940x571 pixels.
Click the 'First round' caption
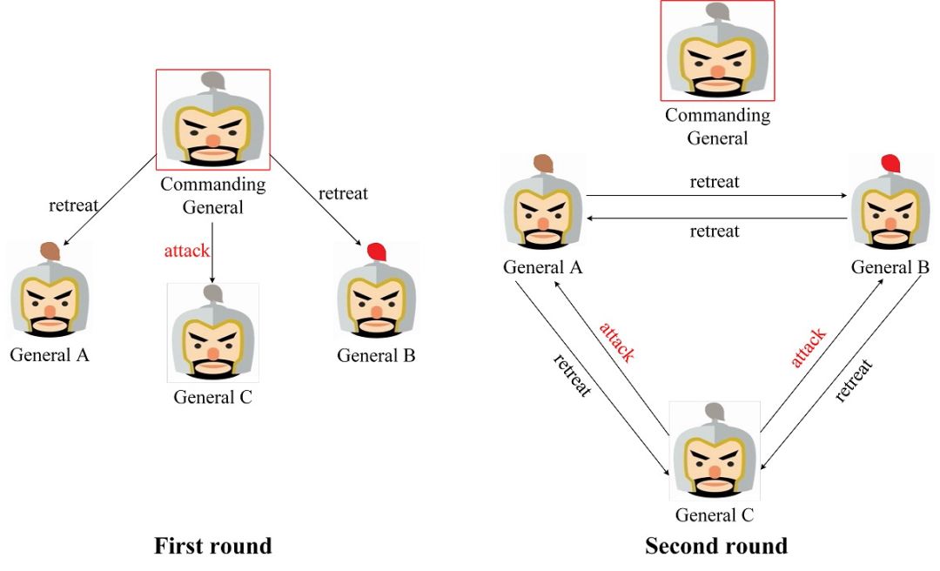[x=213, y=547]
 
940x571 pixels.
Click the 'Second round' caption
[x=715, y=547]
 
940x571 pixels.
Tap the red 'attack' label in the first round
[x=187, y=252]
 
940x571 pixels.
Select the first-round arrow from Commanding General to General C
[x=212, y=252]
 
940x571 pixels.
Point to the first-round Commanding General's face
[x=212, y=135]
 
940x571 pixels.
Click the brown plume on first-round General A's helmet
[x=50, y=251]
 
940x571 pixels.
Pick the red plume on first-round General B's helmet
[x=376, y=252]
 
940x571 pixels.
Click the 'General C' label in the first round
[x=213, y=398]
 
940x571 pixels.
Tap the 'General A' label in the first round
[x=50, y=355]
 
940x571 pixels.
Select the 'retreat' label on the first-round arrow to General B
[x=343, y=193]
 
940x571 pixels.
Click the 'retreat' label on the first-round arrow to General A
[x=73, y=205]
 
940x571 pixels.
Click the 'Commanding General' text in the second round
[x=717, y=126]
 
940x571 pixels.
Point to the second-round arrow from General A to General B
[x=715, y=196]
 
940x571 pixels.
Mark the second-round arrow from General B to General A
[x=715, y=218]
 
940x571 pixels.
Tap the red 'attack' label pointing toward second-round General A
[x=616, y=341]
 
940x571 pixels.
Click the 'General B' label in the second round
[x=890, y=267]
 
